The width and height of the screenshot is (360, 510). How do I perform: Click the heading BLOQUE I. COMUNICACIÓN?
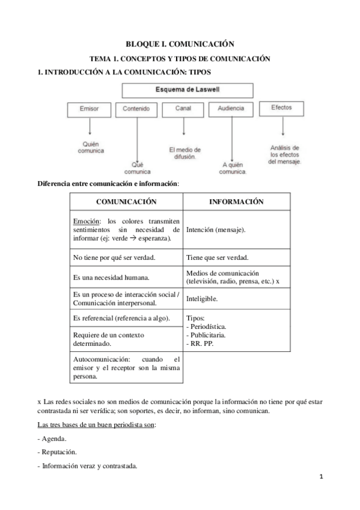pos(179,44)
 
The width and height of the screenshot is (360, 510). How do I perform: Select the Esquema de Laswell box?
pos(180,90)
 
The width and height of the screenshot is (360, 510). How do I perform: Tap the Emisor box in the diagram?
pos(90,109)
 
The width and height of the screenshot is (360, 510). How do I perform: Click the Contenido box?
pos(140,109)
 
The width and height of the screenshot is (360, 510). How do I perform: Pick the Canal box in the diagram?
pos(183,109)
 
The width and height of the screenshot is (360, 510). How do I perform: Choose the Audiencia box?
pos(230,109)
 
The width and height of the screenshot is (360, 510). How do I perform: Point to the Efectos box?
pos(281,108)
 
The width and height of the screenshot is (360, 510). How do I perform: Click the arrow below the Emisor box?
pos(90,127)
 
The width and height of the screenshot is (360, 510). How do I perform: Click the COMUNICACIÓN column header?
pos(126,202)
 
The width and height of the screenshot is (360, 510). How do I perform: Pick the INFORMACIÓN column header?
pos(236,202)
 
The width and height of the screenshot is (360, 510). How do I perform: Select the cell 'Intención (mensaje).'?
pos(216,229)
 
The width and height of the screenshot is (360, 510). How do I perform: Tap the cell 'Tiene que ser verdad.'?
pos(218,257)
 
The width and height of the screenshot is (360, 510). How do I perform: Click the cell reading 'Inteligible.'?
pos(202,298)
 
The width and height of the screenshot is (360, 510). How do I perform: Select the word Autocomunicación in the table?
pos(100,359)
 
